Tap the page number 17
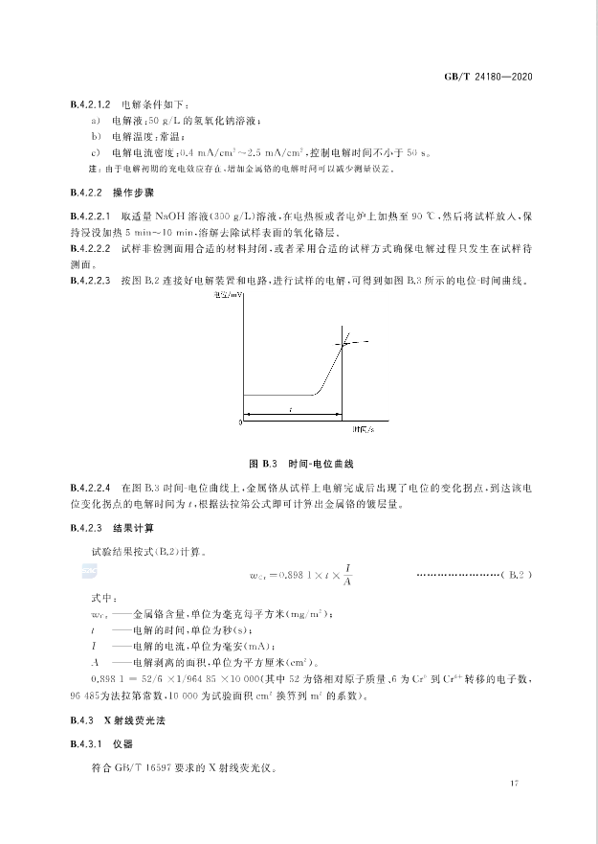click(x=514, y=786)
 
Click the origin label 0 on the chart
click(x=238, y=422)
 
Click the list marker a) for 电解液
click(x=96, y=120)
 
